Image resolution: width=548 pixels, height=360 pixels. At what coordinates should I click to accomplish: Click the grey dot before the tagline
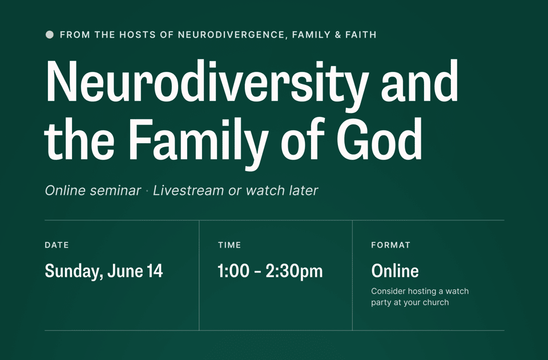pos(50,35)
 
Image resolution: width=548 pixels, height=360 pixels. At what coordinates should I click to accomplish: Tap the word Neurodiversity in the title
pos(207,84)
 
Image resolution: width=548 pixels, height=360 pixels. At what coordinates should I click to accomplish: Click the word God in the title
pos(379,139)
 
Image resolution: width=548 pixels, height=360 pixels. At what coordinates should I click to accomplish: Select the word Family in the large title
pos(199,143)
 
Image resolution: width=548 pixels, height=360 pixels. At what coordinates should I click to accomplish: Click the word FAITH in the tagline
pos(361,35)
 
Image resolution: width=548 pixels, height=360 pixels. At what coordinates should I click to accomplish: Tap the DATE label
pos(57,245)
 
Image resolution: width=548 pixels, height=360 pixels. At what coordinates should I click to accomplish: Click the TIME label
pos(229,245)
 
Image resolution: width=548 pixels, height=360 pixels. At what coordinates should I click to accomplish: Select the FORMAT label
pos(390,245)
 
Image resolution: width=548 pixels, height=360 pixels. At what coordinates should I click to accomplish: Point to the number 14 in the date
pos(155,271)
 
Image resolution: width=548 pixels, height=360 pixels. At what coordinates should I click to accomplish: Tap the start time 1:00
pos(233,271)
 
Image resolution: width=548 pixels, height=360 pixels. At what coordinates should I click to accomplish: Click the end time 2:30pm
pos(294,272)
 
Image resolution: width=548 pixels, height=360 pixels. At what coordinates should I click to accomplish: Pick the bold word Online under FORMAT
pos(395,271)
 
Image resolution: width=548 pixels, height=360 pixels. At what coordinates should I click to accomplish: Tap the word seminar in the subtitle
pos(115,191)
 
